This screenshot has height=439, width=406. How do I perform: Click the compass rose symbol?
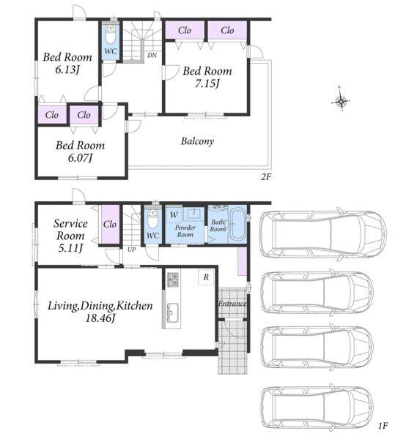[x=340, y=101]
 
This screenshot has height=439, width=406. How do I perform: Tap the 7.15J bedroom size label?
[x=207, y=83]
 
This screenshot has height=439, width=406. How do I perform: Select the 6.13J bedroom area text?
[x=67, y=70]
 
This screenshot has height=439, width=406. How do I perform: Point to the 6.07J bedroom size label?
[x=80, y=158]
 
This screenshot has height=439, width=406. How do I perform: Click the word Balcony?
[x=197, y=141]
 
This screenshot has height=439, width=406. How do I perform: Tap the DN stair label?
[x=152, y=55]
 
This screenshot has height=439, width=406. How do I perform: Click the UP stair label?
[x=131, y=249]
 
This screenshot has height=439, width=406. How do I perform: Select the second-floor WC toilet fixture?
[x=111, y=34]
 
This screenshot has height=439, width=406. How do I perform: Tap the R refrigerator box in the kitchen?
[x=206, y=277]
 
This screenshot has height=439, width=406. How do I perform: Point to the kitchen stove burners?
[x=173, y=279]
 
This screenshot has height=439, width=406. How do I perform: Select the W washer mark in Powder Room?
[x=174, y=215]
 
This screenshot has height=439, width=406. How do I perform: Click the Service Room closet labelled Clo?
[x=110, y=225]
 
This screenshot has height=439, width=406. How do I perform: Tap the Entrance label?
[x=232, y=304]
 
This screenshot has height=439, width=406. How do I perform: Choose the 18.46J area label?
[x=100, y=318]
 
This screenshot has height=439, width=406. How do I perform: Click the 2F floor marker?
[x=266, y=176]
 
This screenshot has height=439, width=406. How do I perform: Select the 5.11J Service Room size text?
[x=70, y=248]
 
